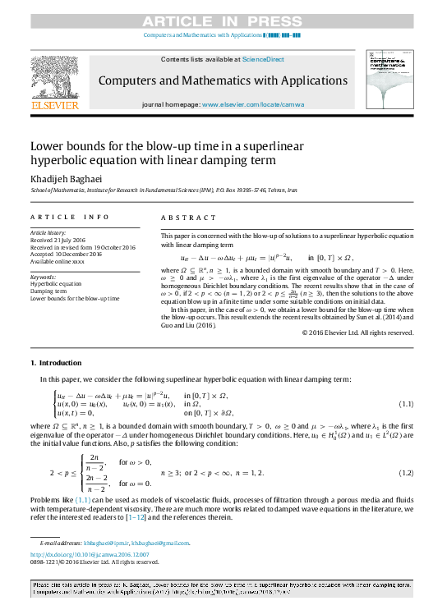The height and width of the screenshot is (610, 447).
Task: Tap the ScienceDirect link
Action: point(264,60)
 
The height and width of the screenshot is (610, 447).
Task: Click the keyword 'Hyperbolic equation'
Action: point(56,283)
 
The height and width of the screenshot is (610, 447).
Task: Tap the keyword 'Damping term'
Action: point(49,291)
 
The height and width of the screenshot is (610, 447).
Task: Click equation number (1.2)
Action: point(405,474)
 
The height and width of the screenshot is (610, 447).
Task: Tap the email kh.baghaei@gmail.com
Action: point(166,543)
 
